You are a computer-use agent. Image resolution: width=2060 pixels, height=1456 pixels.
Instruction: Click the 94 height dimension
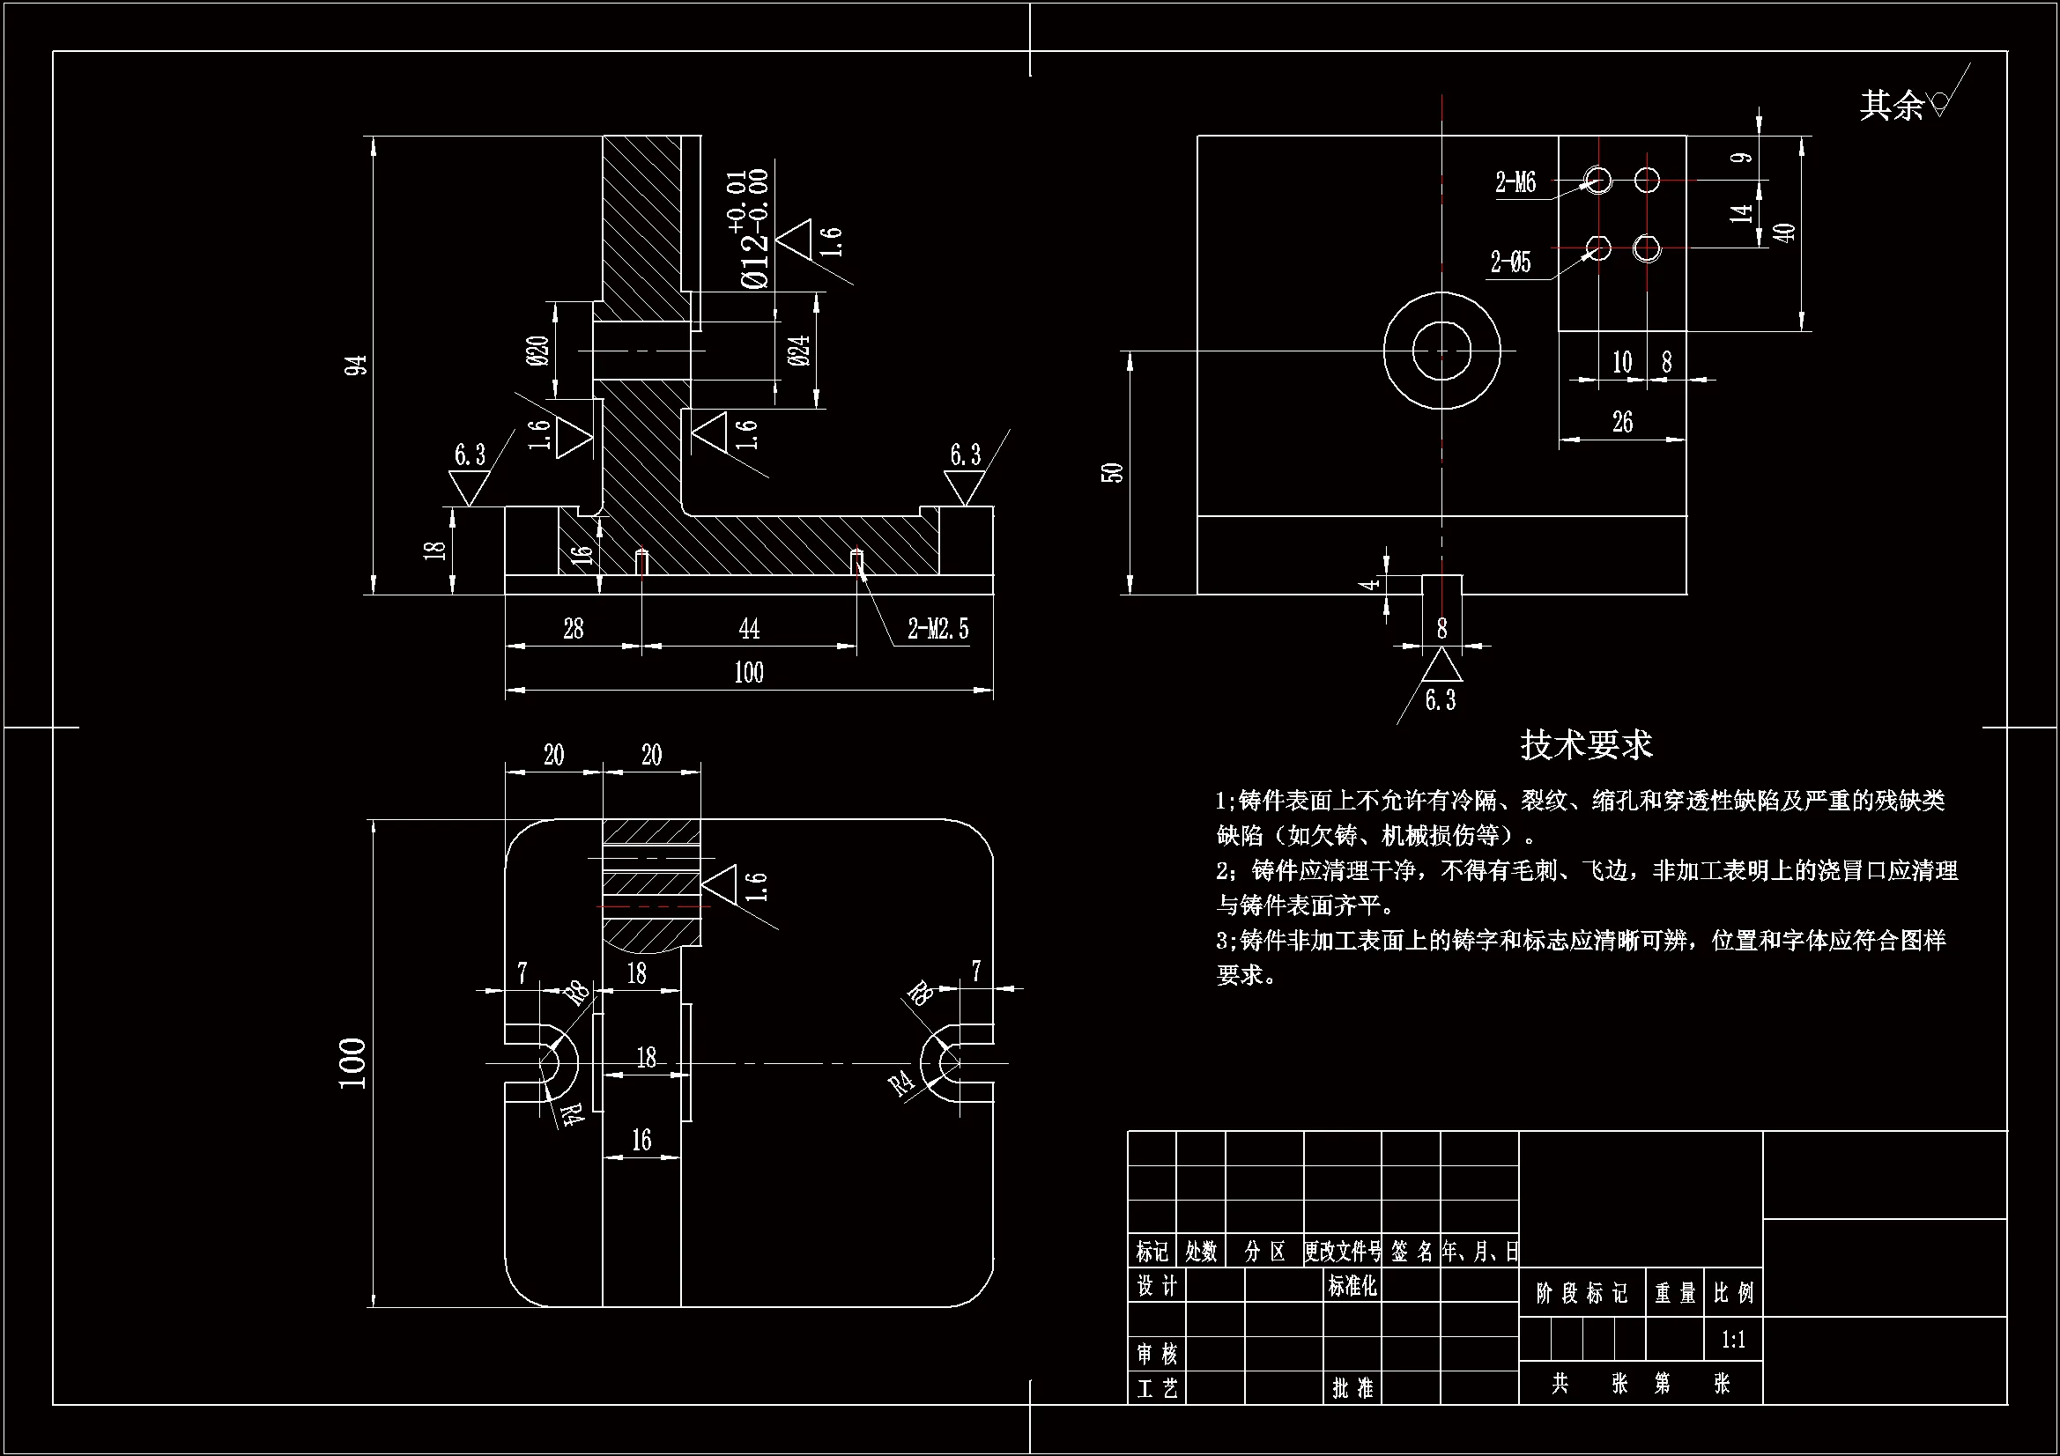[x=357, y=366]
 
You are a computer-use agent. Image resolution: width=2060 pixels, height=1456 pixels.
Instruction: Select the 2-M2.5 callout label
[x=937, y=629]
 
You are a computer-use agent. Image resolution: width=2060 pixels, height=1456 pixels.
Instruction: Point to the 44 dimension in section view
[x=749, y=628]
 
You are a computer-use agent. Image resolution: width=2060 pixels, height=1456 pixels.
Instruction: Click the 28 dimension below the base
[x=574, y=628]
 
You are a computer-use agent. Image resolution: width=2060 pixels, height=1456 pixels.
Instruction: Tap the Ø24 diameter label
[x=800, y=350]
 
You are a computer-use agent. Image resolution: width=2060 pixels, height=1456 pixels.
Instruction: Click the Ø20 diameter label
[x=538, y=351]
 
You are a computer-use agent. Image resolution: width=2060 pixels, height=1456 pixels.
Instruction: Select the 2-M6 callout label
[x=1515, y=183]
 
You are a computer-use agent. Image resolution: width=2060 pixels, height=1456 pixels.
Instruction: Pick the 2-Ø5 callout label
[x=1511, y=262]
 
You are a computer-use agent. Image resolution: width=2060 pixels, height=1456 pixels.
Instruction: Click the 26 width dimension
[x=1622, y=422]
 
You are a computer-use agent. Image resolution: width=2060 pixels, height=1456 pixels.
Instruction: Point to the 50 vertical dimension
[x=1113, y=472]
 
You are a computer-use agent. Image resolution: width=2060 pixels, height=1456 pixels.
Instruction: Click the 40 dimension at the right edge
[x=1786, y=232]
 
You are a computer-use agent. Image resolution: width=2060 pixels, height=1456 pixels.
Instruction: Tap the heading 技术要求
[x=1586, y=744]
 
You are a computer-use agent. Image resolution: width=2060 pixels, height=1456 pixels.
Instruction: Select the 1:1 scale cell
[x=1733, y=1341]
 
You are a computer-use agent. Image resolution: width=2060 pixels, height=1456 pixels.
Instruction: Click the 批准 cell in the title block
[x=1353, y=1388]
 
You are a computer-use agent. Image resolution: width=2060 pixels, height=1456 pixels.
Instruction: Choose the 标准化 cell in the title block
[x=1353, y=1285]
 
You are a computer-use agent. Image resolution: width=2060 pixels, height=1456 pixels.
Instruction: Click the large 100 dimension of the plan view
[x=353, y=1063]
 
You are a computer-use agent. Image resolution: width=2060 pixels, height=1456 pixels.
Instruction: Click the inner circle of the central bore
[x=1441, y=351]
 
